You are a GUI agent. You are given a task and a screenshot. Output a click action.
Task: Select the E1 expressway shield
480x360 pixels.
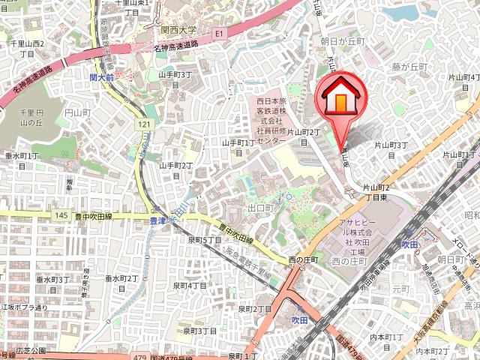pos(220,34)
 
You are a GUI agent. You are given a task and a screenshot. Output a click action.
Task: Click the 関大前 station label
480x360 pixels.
pos(101,77)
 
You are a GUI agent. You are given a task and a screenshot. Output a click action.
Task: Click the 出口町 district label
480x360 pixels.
pos(259,208)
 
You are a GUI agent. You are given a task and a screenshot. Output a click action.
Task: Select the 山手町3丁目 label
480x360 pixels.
pos(175,79)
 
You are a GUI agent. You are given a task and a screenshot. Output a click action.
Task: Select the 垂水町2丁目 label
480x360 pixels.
pos(121,283)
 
